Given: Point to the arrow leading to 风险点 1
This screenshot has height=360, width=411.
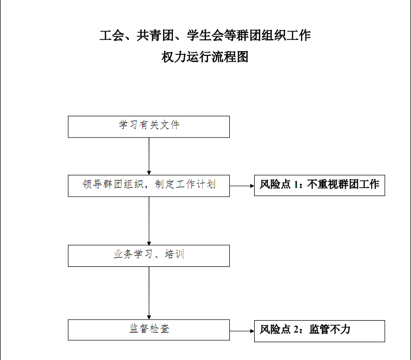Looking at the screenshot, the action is click(242, 186).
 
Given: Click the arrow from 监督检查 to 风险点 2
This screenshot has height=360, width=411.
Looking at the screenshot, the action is click(242, 331).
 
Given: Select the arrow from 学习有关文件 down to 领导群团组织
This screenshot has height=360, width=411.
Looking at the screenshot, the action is click(149, 156).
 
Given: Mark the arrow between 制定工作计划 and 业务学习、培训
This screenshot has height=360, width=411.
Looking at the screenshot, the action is click(149, 221).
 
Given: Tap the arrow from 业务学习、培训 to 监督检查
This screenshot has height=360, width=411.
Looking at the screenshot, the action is click(149, 293).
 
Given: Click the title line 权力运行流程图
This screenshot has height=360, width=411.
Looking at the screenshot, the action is click(205, 57).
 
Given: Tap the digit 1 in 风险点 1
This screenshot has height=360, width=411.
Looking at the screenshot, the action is click(296, 185).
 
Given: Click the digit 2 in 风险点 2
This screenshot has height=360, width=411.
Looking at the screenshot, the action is click(296, 329).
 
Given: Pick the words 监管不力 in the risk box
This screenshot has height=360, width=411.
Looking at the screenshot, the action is click(330, 329).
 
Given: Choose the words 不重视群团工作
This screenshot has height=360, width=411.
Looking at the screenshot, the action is click(343, 184).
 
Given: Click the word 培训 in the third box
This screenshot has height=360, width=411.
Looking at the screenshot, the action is click(174, 254).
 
